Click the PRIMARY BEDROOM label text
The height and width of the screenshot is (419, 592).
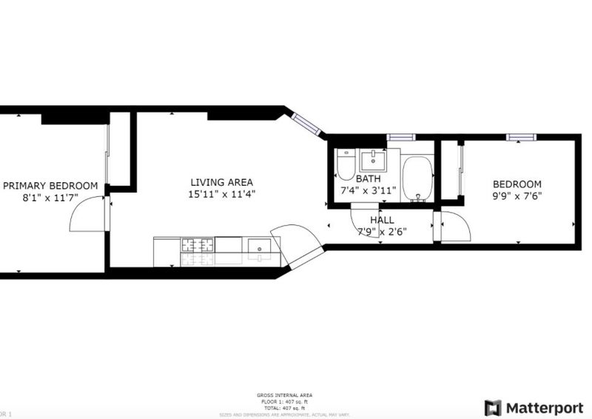(50, 186)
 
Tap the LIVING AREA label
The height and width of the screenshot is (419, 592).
(222, 182)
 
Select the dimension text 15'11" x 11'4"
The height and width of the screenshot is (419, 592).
(222, 195)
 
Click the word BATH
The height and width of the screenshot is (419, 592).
(368, 179)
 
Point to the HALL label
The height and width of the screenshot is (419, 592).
(383, 220)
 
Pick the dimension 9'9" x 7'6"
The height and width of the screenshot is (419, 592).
(518, 196)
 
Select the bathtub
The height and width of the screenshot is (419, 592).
(418, 178)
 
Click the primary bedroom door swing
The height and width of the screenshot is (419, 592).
(87, 214)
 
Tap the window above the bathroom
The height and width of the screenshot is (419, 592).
(401, 137)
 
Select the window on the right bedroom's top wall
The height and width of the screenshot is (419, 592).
(520, 137)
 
